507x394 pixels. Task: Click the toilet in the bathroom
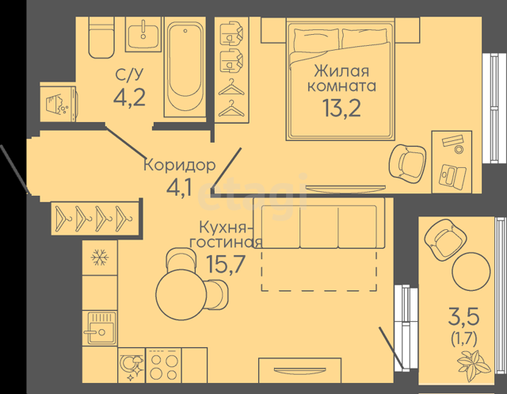tap(101, 37)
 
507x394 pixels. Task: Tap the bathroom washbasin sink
tap(143, 34)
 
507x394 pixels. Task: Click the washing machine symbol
tap(58, 103)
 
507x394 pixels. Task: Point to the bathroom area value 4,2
tap(129, 97)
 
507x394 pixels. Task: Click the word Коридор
tap(180, 165)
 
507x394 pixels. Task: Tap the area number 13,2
tap(341, 108)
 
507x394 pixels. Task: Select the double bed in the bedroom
tap(341, 79)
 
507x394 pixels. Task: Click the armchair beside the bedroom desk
tap(407, 162)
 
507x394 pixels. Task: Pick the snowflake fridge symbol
tap(100, 258)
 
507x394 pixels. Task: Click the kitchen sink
tap(100, 328)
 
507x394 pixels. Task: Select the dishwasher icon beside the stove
tap(132, 365)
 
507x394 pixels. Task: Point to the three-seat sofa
tap(319, 223)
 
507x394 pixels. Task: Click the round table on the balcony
tap(471, 271)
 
